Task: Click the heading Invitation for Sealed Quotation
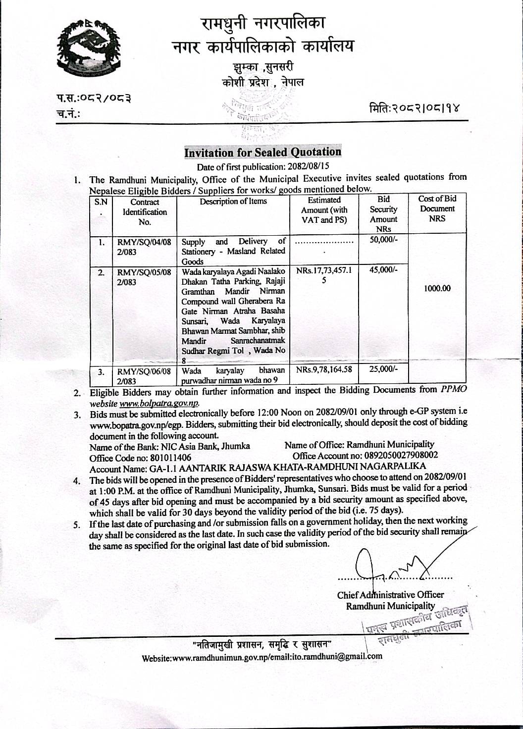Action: click(x=262, y=152)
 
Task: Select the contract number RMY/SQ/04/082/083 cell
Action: click(x=144, y=247)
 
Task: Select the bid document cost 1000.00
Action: click(x=437, y=288)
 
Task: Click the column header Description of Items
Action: click(x=233, y=201)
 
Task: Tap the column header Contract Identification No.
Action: click(x=145, y=212)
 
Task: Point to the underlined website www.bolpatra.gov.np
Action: click(x=159, y=404)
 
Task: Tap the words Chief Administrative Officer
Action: click(x=390, y=595)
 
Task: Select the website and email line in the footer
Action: click(x=262, y=657)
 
